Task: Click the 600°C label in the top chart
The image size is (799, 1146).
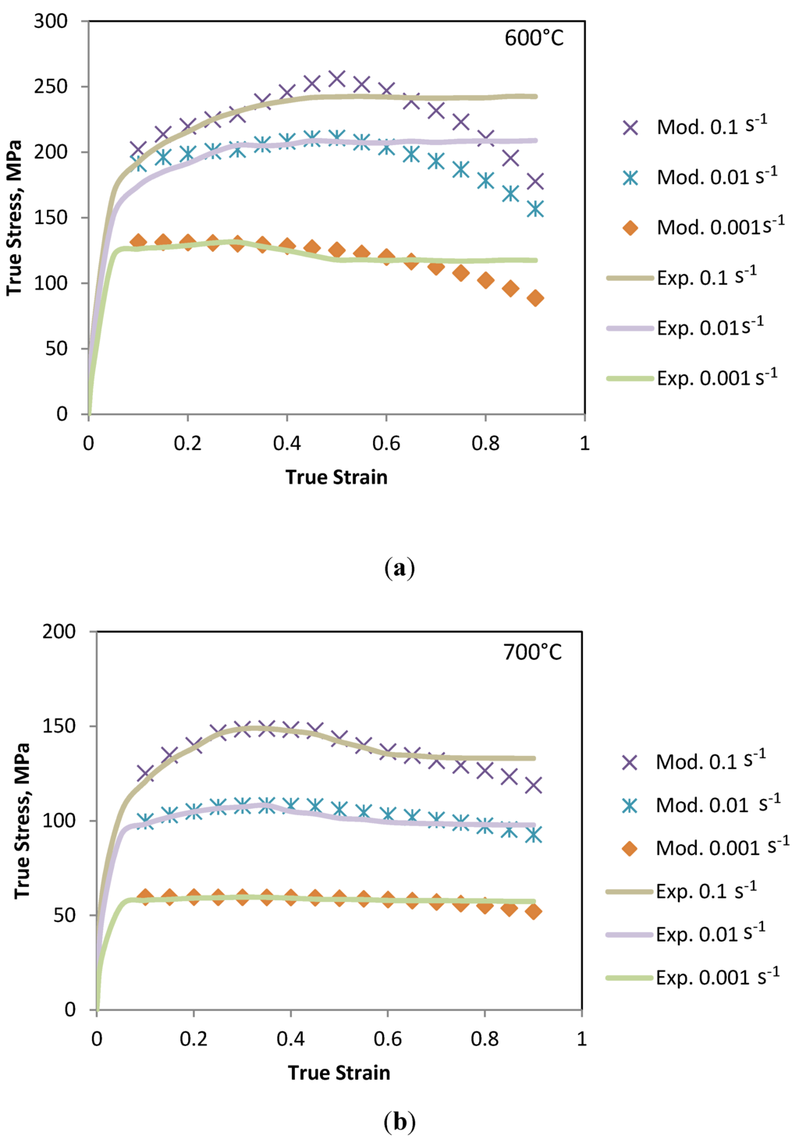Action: [534, 38]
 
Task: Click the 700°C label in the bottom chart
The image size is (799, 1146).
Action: [532, 652]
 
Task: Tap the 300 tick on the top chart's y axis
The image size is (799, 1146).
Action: [51, 22]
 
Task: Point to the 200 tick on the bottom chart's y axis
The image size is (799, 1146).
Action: [59, 632]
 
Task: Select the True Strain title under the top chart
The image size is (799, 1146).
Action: [336, 477]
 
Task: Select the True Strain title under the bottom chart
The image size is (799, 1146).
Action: [339, 1073]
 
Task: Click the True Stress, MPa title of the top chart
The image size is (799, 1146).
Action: [14, 218]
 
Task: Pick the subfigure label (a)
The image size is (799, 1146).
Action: [399, 568]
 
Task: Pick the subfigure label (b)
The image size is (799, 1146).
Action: [399, 1123]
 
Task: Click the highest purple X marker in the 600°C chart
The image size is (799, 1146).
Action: [336, 79]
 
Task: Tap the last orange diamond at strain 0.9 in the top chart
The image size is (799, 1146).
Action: [535, 298]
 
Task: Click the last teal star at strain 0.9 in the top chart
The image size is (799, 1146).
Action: [535, 209]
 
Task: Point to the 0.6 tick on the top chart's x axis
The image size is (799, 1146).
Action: [385, 444]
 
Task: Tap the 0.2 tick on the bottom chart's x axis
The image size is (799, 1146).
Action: [194, 1039]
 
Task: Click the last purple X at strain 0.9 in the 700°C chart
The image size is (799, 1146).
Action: [533, 785]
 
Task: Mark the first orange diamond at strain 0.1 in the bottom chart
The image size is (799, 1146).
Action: [145, 896]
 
